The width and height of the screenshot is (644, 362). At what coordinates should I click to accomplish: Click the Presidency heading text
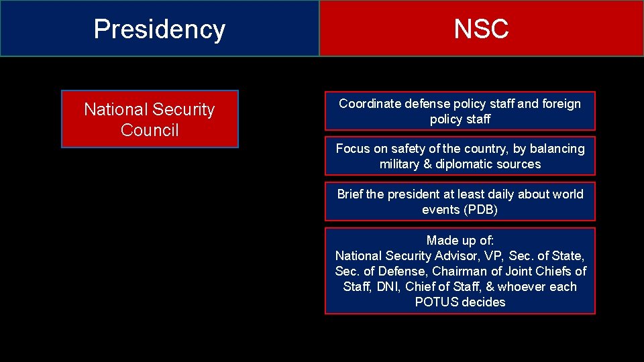(160, 29)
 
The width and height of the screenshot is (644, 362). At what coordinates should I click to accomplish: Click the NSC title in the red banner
(481, 29)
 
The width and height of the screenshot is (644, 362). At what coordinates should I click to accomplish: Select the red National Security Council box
(150, 119)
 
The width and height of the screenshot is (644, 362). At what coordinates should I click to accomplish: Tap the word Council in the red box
(150, 130)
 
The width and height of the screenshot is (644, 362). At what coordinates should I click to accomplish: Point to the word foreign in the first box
(561, 103)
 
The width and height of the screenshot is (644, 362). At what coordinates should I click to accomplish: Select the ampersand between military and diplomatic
(431, 164)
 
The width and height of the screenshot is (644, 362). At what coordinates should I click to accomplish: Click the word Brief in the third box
(350, 194)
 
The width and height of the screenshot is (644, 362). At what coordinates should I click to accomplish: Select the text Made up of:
(460, 240)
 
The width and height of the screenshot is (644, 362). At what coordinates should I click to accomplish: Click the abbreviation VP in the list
(494, 255)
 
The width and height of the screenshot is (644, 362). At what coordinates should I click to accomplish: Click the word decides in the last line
(483, 302)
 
